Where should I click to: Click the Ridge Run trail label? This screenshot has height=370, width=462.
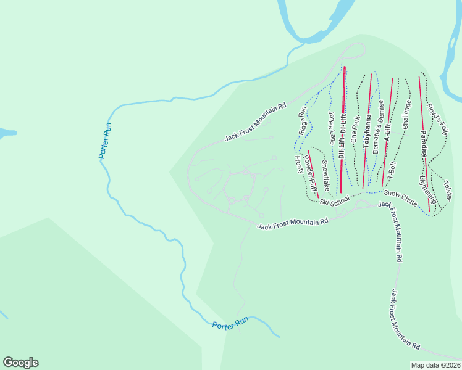[x=302, y=121]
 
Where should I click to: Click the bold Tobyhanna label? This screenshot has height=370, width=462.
[x=367, y=133]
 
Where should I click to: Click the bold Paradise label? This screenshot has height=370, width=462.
[x=424, y=142]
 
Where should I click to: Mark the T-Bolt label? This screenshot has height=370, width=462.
[x=392, y=171]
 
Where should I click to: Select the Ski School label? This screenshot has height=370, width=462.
[x=334, y=200]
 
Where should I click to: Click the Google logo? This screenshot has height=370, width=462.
[x=20, y=363]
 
